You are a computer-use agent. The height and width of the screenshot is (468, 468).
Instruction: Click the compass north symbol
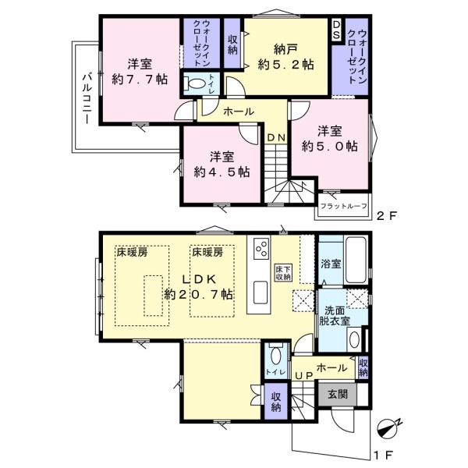[388, 427]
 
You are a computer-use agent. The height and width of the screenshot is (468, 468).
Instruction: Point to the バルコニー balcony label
[87, 99]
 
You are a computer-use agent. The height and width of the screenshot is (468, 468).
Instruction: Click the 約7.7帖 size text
[140, 79]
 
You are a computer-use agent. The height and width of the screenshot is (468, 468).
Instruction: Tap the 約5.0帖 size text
[330, 146]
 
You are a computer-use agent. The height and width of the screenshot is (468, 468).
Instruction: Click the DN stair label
[275, 138]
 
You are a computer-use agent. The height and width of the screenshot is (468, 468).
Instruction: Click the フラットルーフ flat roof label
[342, 207]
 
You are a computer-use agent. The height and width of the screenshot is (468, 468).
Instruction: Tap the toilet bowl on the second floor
[197, 82]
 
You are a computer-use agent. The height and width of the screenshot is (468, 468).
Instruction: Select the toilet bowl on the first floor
[273, 357]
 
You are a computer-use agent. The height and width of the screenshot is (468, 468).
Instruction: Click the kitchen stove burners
[259, 250]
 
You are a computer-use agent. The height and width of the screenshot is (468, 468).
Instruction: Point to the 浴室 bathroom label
[331, 264]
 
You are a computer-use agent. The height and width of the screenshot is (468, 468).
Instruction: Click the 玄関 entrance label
[338, 395]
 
